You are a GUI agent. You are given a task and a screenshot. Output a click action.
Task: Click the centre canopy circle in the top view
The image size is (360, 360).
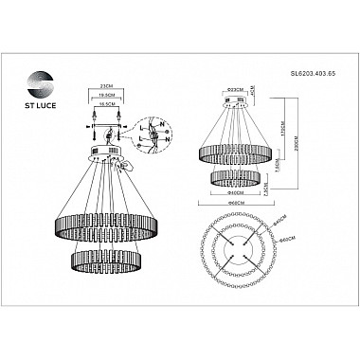pyautogui.click(x=236, y=252)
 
